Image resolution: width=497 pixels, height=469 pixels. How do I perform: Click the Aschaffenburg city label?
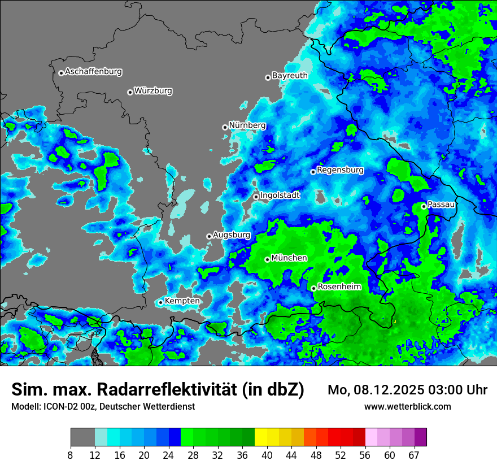93,72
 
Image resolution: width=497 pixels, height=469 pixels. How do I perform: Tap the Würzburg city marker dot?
130,92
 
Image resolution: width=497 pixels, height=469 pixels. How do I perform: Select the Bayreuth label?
290,75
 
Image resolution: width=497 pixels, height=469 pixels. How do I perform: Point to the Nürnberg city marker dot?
225,127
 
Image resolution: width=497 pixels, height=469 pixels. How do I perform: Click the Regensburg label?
340,170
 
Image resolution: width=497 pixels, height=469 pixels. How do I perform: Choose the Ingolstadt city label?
280,195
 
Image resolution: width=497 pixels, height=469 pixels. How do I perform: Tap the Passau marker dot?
424,206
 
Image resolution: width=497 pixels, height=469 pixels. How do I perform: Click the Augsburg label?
231,234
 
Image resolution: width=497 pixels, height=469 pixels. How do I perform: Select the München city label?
289,258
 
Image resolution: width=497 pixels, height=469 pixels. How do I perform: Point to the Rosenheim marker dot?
313,288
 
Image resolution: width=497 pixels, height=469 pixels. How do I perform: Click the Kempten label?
182,301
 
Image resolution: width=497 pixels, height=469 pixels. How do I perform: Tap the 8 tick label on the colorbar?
71,455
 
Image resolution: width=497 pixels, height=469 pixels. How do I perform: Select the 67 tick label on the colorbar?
414,455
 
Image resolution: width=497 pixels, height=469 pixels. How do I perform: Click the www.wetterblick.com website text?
408,406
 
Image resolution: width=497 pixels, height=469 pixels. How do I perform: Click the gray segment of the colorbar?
82,437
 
